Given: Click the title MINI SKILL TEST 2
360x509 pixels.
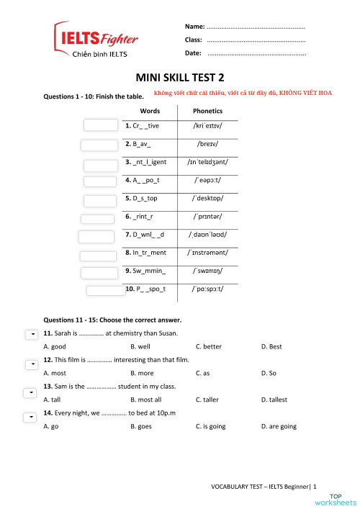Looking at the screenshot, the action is coord(179,78).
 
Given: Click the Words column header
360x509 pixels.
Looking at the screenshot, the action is coord(150,111).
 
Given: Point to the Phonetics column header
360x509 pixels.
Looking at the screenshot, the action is coord(207,111).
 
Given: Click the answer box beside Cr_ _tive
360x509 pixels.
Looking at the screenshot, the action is coord(100,125).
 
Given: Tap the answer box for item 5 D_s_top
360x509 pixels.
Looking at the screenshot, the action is coord(102,199).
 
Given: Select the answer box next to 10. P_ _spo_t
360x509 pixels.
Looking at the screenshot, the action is coord(106,290).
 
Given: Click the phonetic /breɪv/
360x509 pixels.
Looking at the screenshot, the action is coord(207,143).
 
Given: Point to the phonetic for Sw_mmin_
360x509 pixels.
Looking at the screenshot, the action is coord(207,271).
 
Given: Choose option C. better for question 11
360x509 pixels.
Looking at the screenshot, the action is coord(209,346).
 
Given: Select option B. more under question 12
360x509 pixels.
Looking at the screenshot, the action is coord(142,373).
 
